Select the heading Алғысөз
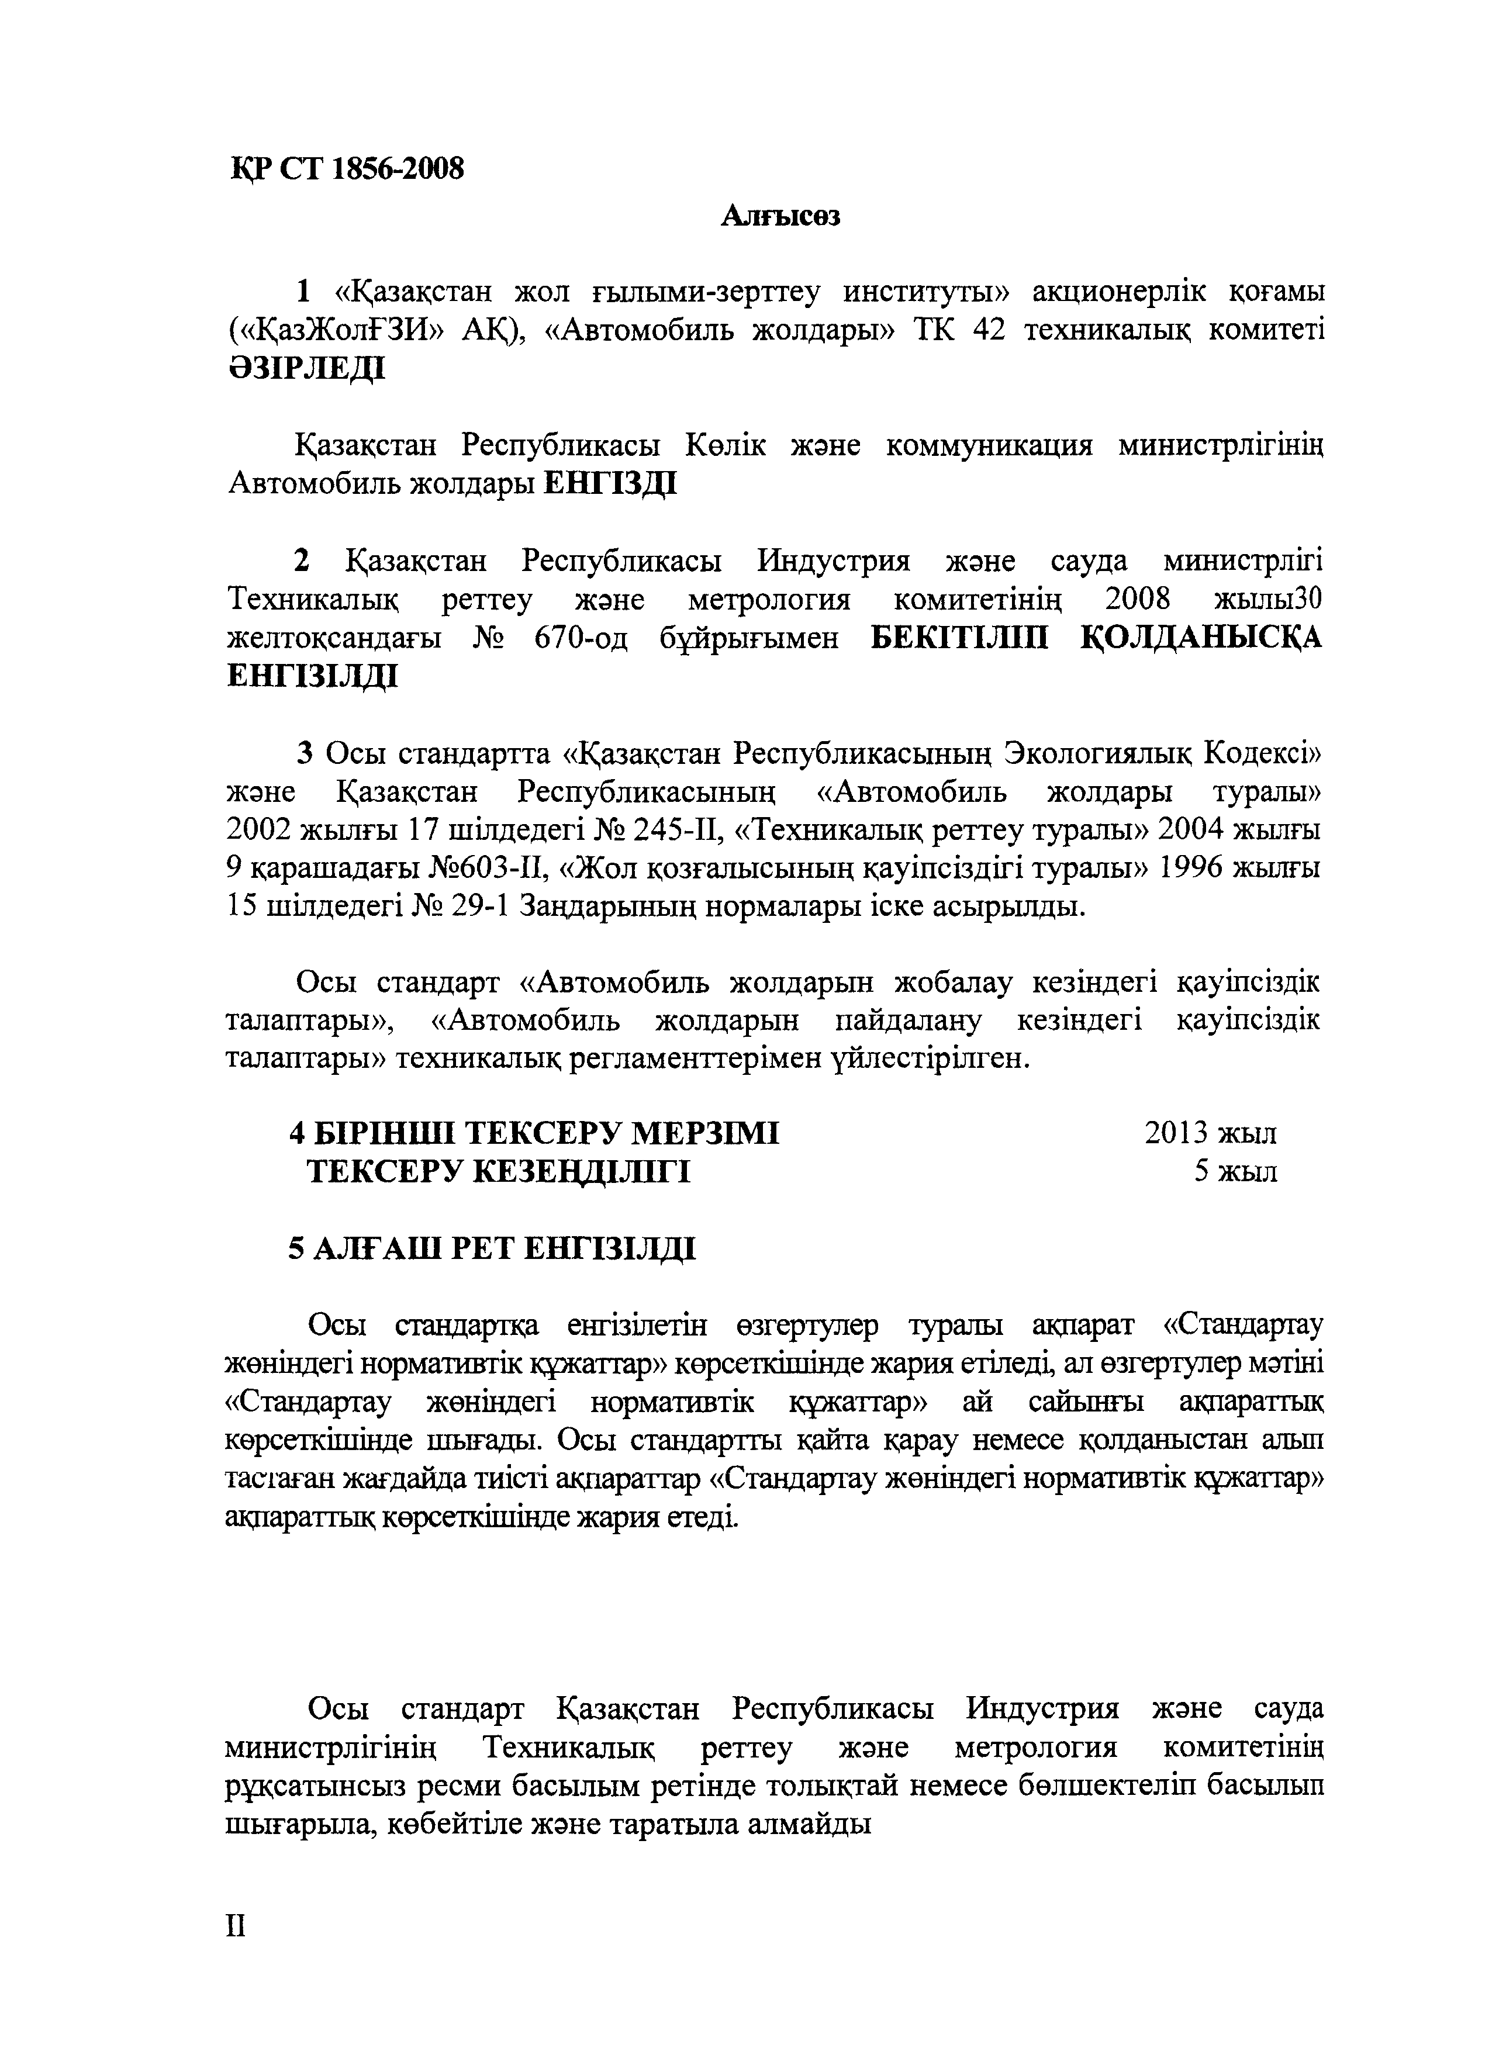click(780, 217)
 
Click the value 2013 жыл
click(1210, 1133)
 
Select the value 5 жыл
click(1235, 1171)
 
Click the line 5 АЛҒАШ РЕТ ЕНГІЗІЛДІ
click(492, 1247)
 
